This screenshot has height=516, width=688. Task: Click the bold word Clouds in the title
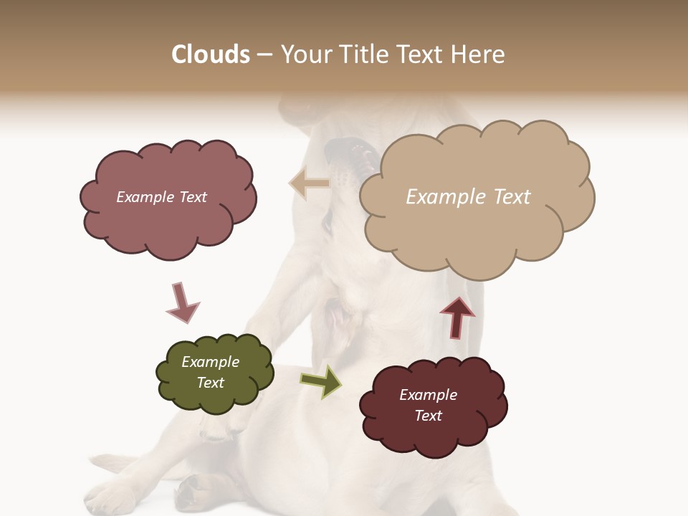click(211, 54)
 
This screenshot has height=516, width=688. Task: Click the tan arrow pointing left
click(310, 183)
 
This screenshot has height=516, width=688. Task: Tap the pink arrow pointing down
click(181, 302)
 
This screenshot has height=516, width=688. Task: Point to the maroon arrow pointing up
click(457, 317)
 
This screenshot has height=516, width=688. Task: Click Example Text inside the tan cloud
click(468, 197)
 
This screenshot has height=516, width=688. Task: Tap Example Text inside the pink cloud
click(161, 197)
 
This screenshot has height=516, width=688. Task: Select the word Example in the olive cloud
click(210, 362)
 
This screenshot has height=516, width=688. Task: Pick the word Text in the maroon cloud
click(428, 416)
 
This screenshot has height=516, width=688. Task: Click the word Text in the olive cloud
click(210, 383)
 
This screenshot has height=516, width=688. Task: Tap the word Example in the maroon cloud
click(428, 395)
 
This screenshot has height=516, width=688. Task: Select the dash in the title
click(264, 55)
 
